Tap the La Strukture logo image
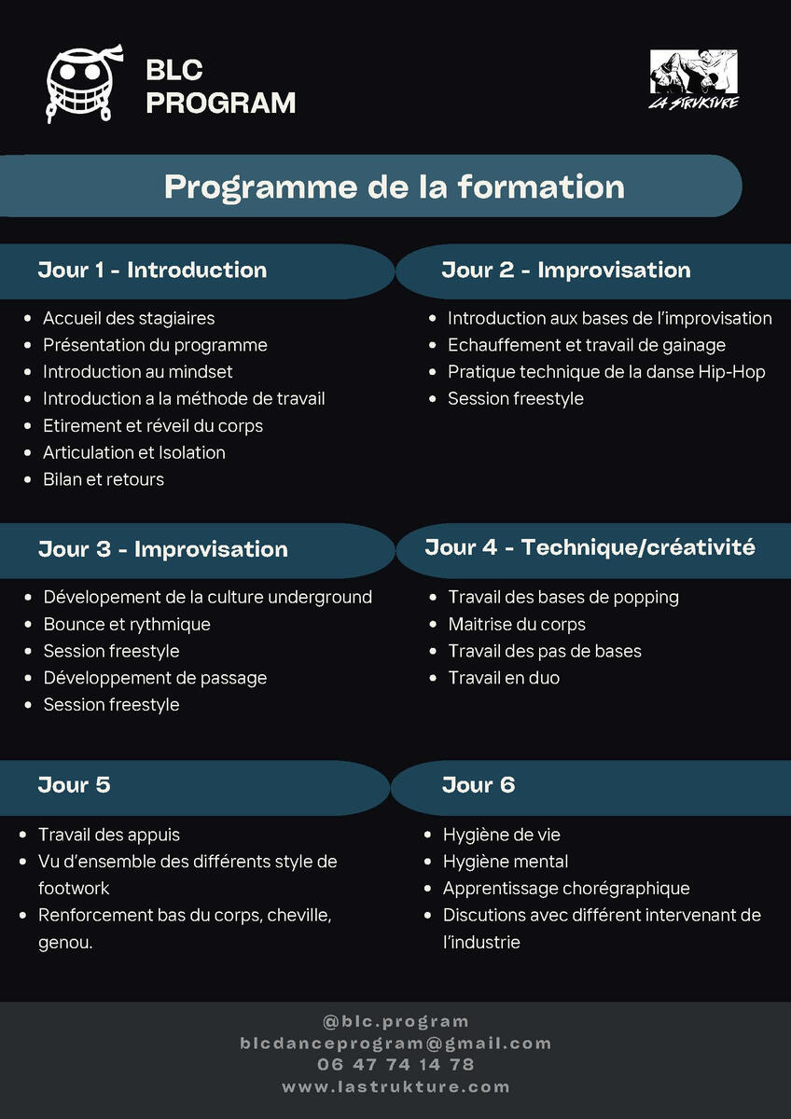[x=693, y=78]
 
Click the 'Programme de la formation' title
[x=394, y=186]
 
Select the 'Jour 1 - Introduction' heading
[x=152, y=270]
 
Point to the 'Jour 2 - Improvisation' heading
[x=565, y=270]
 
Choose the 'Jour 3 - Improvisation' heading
[x=162, y=549]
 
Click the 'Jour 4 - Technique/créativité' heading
[x=590, y=547]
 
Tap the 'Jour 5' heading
[x=74, y=785]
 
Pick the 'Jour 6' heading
[x=478, y=785]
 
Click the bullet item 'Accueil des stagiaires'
[x=129, y=319]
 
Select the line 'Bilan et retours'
[x=103, y=479]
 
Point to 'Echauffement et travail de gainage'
[x=586, y=345]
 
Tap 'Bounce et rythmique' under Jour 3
[x=127, y=624]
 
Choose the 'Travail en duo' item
[x=504, y=678]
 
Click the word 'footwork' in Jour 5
[x=74, y=889]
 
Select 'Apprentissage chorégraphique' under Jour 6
[x=566, y=889]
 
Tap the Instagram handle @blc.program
[x=395, y=1022]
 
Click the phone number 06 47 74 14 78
[x=395, y=1065]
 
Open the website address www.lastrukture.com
[x=395, y=1086]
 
